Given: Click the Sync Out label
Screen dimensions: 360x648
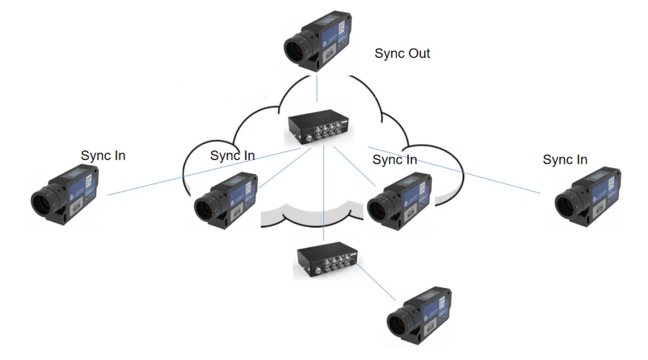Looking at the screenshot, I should [402, 53].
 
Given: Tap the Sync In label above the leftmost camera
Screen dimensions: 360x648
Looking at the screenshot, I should [103, 155].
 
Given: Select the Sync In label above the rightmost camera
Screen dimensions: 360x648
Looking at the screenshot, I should [565, 159].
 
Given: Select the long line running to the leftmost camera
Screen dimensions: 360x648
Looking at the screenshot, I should [190, 175].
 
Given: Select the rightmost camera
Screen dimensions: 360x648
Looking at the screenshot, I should [589, 196].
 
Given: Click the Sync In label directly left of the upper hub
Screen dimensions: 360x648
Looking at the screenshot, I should [232, 156].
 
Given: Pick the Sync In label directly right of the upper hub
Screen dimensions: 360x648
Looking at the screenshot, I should [394, 159].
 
